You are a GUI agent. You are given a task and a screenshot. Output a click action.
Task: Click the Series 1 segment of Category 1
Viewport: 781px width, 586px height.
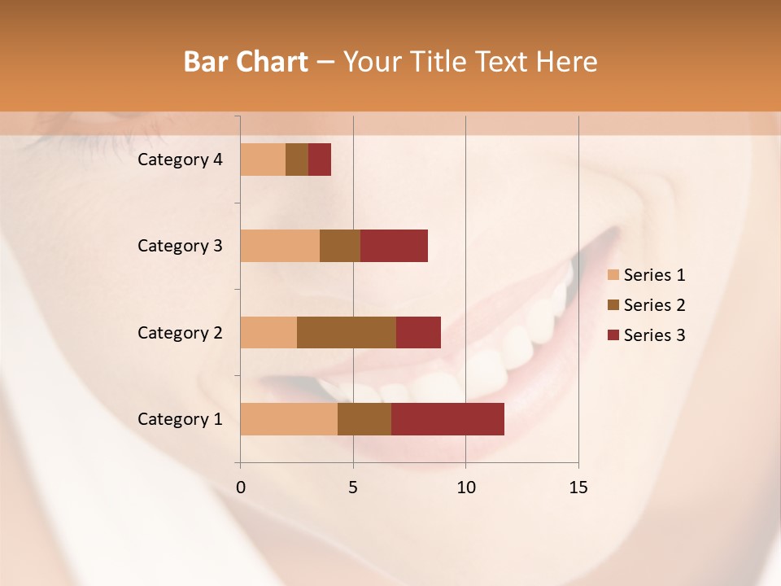289,419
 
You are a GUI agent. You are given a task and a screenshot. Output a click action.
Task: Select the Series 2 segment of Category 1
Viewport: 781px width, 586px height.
364,419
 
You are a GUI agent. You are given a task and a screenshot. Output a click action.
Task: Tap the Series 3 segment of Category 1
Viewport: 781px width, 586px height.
447,419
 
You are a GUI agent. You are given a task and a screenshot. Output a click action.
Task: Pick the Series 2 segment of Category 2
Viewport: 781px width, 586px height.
347,332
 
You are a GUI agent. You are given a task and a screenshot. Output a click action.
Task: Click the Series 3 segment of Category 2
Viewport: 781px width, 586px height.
418,332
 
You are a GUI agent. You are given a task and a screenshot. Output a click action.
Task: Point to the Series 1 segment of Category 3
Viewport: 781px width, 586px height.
280,246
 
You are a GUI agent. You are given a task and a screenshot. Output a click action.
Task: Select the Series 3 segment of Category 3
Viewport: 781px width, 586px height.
394,246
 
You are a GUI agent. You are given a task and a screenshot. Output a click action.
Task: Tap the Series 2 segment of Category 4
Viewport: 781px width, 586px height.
297,160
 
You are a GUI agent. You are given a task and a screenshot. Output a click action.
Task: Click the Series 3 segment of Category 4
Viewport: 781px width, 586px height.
320,160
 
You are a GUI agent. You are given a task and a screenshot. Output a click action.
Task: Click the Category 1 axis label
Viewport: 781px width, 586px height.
180,419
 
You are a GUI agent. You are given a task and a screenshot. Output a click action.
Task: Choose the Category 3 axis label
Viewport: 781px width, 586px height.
180,246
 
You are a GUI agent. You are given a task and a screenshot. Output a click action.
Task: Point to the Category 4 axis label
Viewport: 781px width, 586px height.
180,160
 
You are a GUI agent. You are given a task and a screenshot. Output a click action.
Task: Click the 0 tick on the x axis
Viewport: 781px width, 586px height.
241,488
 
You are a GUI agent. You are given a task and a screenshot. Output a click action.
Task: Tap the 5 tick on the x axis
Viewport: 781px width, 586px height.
353,488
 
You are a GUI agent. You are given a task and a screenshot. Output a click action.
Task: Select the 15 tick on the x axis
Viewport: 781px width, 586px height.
578,488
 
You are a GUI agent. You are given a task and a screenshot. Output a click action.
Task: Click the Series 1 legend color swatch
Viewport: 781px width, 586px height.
613,275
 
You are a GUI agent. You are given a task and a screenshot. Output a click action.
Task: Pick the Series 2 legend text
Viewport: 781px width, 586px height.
654,305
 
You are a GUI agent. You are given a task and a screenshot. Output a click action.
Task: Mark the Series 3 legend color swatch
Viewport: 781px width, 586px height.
613,335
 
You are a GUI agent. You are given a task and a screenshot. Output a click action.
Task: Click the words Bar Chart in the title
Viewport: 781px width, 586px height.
246,62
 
